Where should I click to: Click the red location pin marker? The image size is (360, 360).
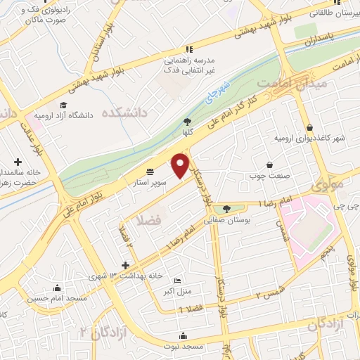pyautogui.click(x=180, y=165)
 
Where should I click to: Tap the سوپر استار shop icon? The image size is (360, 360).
pyautogui.click(x=150, y=171)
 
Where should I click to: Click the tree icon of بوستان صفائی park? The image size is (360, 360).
pyautogui.click(x=226, y=209)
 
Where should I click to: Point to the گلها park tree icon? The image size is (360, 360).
pyautogui.click(x=187, y=122)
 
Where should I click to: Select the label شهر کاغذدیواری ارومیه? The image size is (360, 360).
pyautogui.click(x=309, y=137)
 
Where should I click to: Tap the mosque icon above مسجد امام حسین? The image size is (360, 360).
pyautogui.click(x=56, y=288)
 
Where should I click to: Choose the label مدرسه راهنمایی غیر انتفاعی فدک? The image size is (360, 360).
pyautogui.click(x=188, y=63)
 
